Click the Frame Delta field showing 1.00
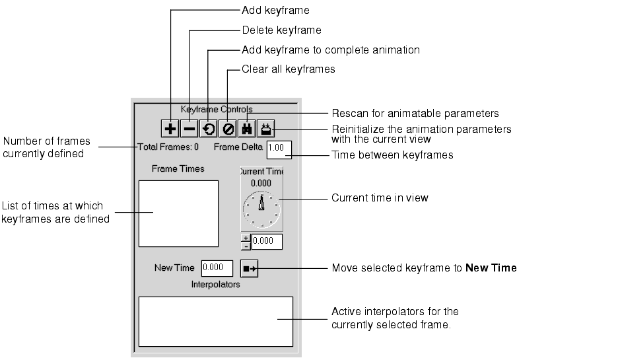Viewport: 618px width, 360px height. click(279, 149)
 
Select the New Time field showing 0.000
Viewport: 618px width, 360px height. click(217, 268)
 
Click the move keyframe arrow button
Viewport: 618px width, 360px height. click(250, 268)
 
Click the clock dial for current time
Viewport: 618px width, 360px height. click(262, 208)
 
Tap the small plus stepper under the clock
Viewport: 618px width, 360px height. click(246, 238)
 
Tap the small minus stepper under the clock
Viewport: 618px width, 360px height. click(246, 246)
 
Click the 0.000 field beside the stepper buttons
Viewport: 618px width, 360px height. click(267, 242)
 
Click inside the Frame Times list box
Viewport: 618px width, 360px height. click(178, 213)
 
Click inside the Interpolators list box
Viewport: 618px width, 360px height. click(215, 321)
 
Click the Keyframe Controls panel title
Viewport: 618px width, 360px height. click(217, 109)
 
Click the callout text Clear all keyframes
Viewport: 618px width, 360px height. click(289, 69)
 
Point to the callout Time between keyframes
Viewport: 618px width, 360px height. click(392, 155)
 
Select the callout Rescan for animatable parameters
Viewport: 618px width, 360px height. click(415, 114)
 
